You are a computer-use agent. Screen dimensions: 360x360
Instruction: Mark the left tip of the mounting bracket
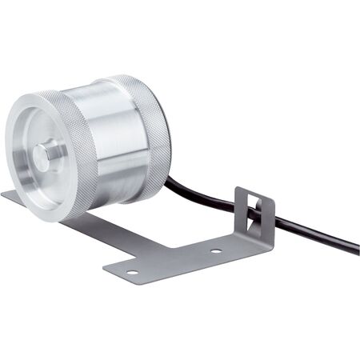tap(5, 194)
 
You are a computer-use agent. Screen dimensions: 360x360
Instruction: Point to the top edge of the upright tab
tap(254, 191)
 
